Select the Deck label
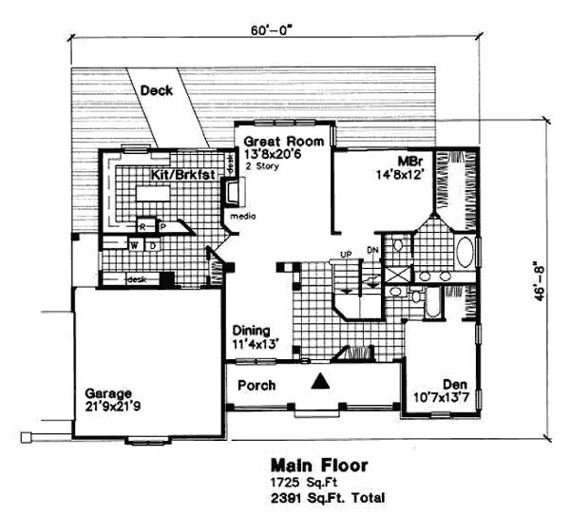[x=156, y=91]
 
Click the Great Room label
[x=283, y=141]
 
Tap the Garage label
[x=106, y=393]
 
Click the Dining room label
[x=252, y=332]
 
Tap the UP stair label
[x=347, y=254]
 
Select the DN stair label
[x=372, y=249]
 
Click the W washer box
[x=134, y=245]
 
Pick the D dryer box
[x=149, y=245]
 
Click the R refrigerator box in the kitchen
[x=142, y=226]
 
